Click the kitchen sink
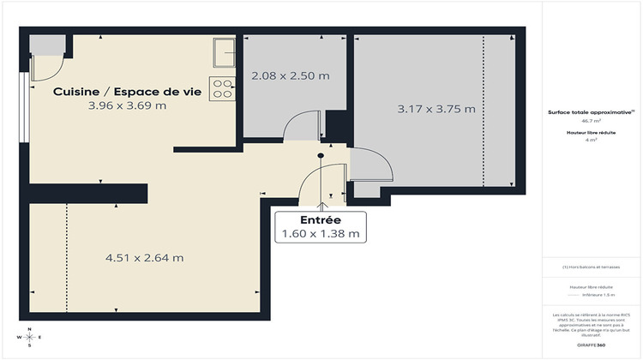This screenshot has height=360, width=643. pos(225,52)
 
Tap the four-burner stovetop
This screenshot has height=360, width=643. pos(223,88)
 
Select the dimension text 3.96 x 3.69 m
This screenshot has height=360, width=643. pos(127,106)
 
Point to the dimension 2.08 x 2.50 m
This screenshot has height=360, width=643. pos(291,75)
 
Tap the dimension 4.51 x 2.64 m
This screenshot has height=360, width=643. pos(145,257)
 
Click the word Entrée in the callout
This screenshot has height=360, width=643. pos(319,221)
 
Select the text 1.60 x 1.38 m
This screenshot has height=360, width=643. pos(319,234)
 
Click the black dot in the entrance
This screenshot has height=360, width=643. pos(321,155)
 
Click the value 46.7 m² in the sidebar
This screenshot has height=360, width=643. pos(591,122)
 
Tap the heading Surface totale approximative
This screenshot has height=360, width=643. pos(591,112)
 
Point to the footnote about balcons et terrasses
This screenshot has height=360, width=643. pos(591,269)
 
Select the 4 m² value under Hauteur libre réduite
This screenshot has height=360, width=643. pos(591,140)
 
